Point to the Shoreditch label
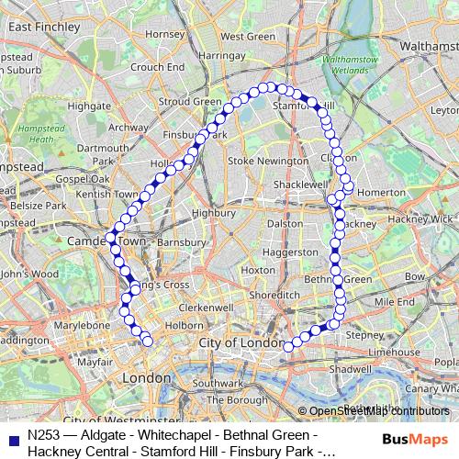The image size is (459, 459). point(274,295)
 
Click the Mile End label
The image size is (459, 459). point(394,301)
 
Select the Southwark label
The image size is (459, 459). point(217,383)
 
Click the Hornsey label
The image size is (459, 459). point(165,34)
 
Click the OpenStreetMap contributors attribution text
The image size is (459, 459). point(376,410)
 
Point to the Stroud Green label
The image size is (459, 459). point(190,101)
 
